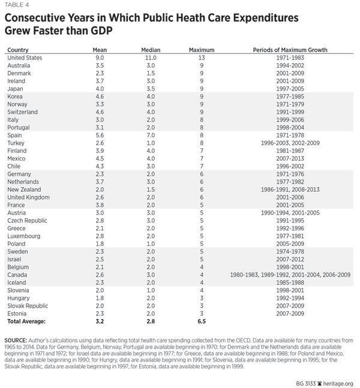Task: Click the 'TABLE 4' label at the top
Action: (17, 6)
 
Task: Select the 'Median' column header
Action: (151, 49)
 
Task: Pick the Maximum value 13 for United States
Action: (202, 57)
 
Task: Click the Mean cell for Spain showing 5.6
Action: (100, 135)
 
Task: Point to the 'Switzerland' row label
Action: (22, 112)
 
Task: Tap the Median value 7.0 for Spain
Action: (151, 135)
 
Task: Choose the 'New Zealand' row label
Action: (23, 190)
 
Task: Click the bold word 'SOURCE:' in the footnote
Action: (19, 340)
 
